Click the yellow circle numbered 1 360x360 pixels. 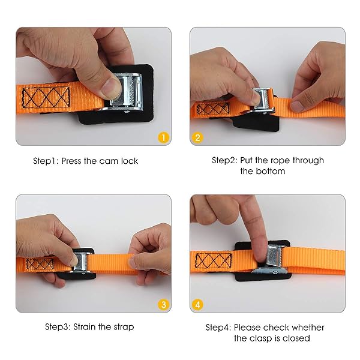click(162, 137)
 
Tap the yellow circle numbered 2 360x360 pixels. click(197, 137)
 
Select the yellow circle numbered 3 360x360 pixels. click(162, 304)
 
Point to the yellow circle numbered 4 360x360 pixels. click(197, 304)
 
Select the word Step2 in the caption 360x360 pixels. click(224, 161)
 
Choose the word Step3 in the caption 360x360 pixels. click(58, 327)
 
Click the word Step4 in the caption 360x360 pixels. click(218, 328)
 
